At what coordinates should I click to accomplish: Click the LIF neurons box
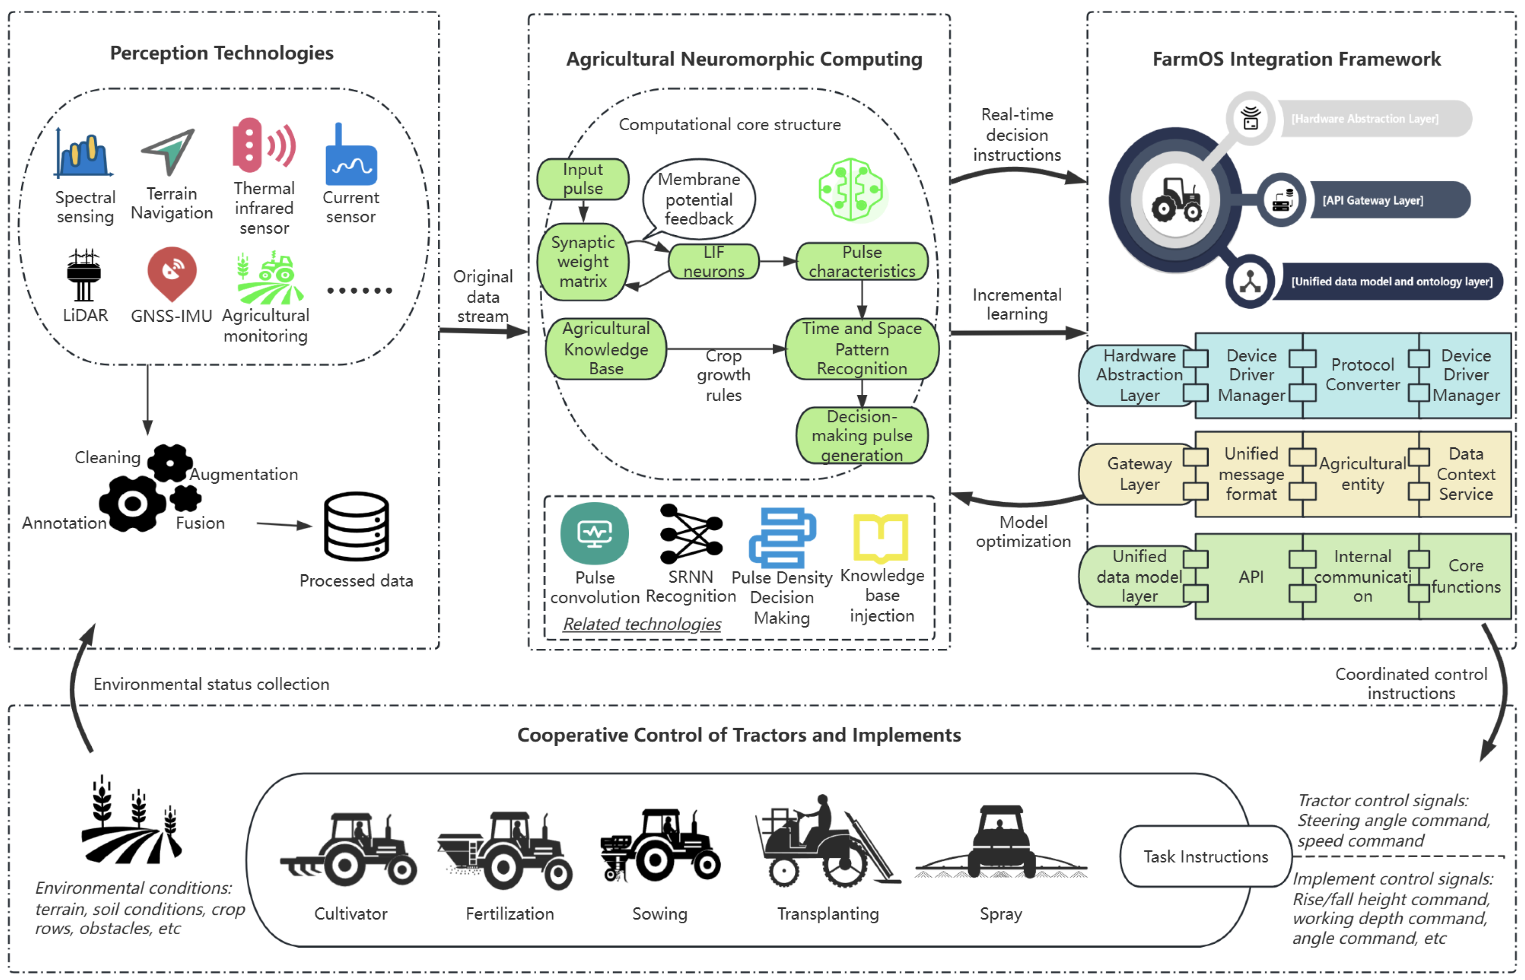713,261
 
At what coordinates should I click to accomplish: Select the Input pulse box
583,179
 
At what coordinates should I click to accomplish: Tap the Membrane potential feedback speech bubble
698,199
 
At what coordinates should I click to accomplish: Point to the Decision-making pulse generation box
861,435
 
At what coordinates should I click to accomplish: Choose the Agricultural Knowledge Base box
606,349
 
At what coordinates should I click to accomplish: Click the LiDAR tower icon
83,275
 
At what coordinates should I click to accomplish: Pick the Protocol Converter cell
1361,375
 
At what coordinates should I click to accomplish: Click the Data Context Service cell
1465,474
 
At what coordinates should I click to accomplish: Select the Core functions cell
1465,576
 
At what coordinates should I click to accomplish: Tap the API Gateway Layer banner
1388,200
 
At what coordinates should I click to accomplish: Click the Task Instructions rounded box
1205,856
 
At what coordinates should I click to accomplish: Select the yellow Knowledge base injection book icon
880,538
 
